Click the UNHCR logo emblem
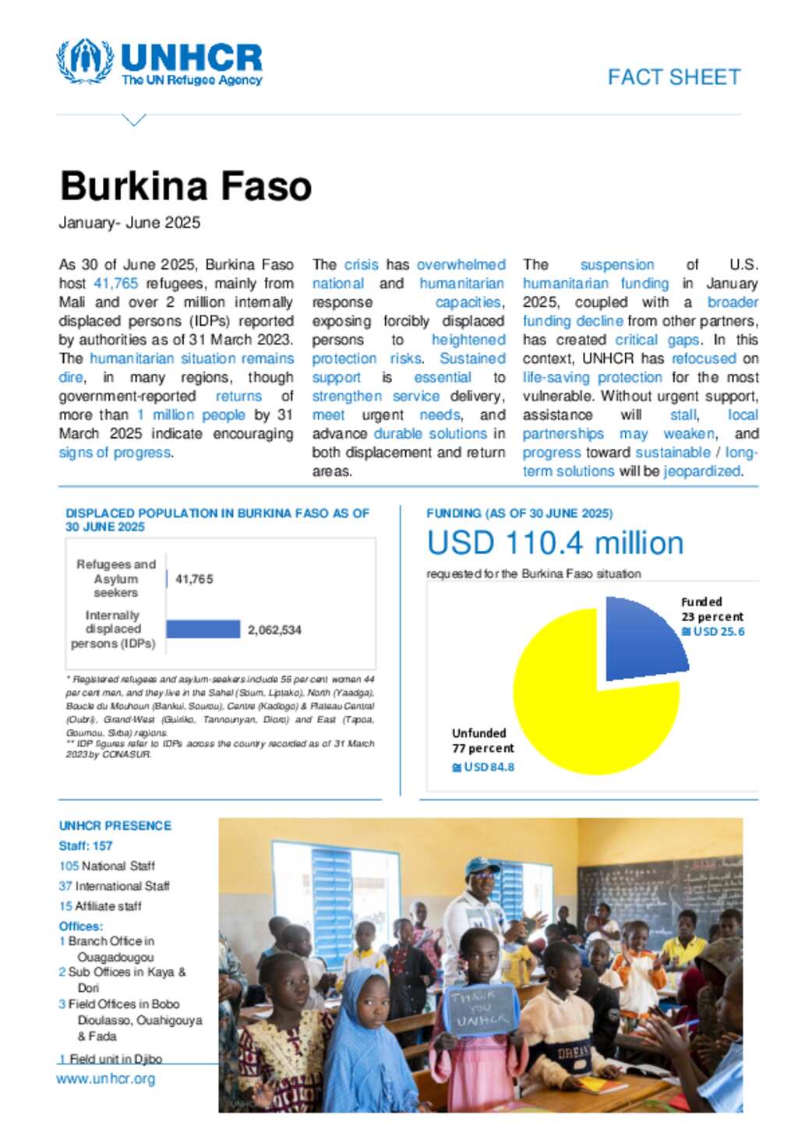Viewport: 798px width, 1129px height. pyautogui.click(x=84, y=60)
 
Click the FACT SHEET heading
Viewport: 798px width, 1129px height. pyautogui.click(x=673, y=77)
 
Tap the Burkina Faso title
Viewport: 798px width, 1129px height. pyautogui.click(x=185, y=186)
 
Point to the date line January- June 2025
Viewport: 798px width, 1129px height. pyautogui.click(x=129, y=223)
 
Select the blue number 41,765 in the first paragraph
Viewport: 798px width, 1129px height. pyautogui.click(x=115, y=284)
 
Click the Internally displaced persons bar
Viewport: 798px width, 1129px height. pyautogui.click(x=203, y=629)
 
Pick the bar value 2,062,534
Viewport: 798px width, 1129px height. pyautogui.click(x=274, y=630)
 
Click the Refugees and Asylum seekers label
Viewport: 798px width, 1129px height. pyautogui.click(x=116, y=578)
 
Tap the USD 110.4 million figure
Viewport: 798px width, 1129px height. pyautogui.click(x=555, y=543)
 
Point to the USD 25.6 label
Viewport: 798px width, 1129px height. pyautogui.click(x=718, y=631)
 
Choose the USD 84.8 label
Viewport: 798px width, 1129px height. pyautogui.click(x=488, y=767)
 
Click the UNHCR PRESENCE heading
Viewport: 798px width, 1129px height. pyautogui.click(x=115, y=825)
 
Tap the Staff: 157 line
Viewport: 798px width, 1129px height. pyautogui.click(x=86, y=845)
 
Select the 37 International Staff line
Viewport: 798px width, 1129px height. pyautogui.click(x=114, y=886)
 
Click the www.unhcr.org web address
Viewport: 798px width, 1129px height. pyautogui.click(x=105, y=1079)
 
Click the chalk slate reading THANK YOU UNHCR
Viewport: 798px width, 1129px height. pyautogui.click(x=479, y=1009)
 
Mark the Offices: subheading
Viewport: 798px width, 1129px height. pyautogui.click(x=81, y=926)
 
